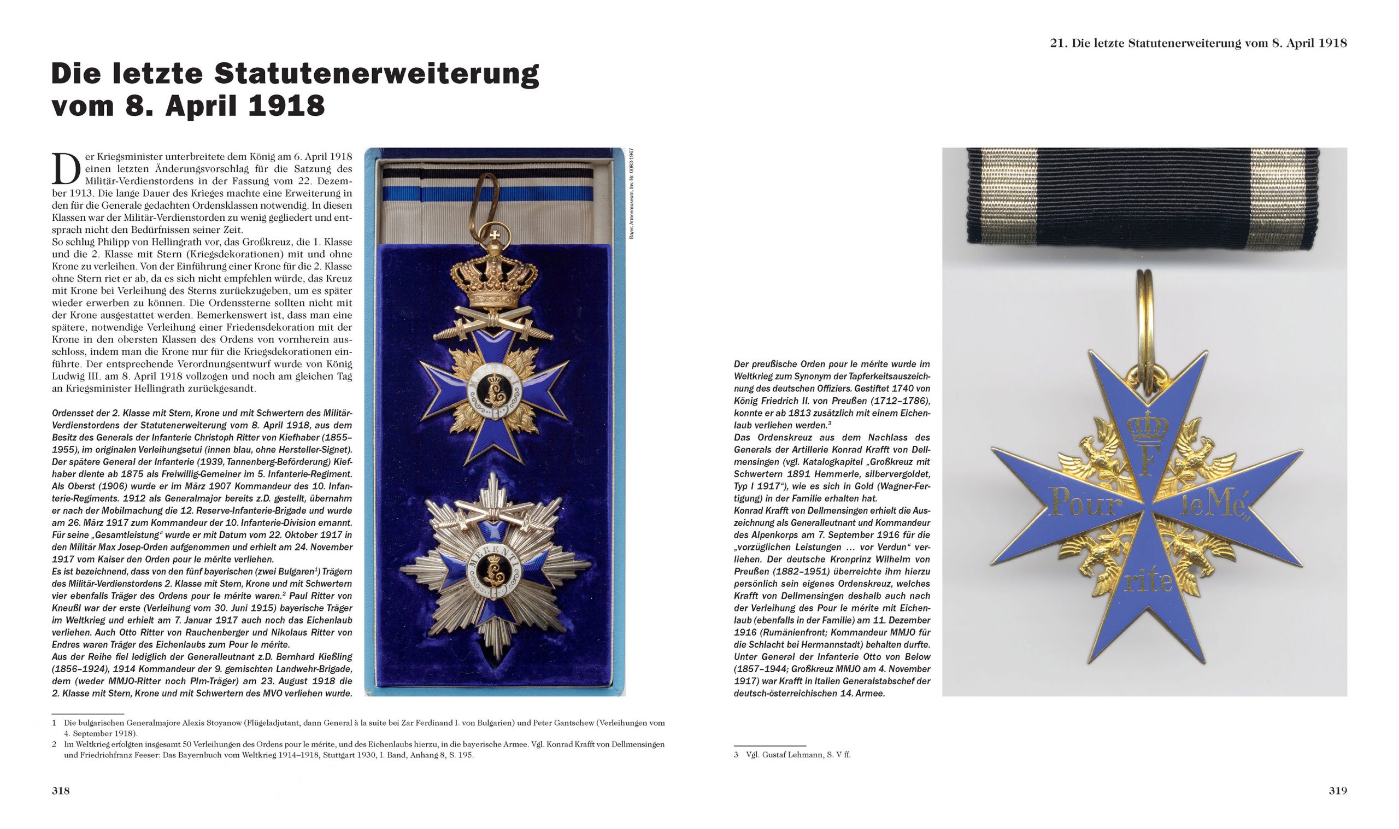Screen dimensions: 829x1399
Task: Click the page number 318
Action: [61, 790]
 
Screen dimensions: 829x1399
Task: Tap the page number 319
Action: [1338, 790]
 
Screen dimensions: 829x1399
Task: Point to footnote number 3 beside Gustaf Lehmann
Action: [736, 754]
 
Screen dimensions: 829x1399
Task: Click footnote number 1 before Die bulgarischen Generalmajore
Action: [54, 722]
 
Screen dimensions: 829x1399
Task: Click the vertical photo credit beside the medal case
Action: [632, 193]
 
